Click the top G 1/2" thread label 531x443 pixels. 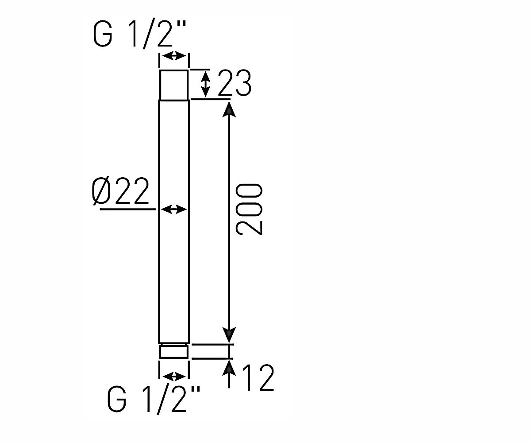140,35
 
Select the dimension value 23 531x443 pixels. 235,83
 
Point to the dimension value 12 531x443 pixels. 258,377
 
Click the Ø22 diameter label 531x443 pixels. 120,191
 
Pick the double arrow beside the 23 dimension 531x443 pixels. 205,84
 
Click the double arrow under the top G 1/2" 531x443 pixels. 174,55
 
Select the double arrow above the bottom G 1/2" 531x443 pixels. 174,376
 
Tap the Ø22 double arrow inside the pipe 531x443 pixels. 174,209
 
